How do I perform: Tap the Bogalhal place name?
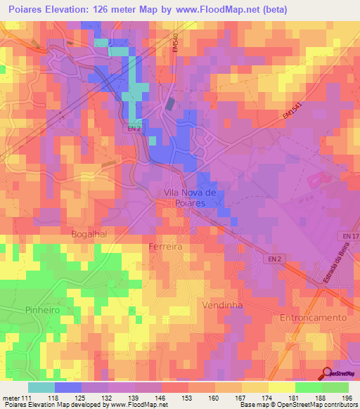click(88, 234)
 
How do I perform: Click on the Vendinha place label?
click(221, 306)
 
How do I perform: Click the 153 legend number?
click(188, 397)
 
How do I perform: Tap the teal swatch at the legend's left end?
click(41, 387)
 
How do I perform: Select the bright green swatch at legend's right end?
click(335, 387)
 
